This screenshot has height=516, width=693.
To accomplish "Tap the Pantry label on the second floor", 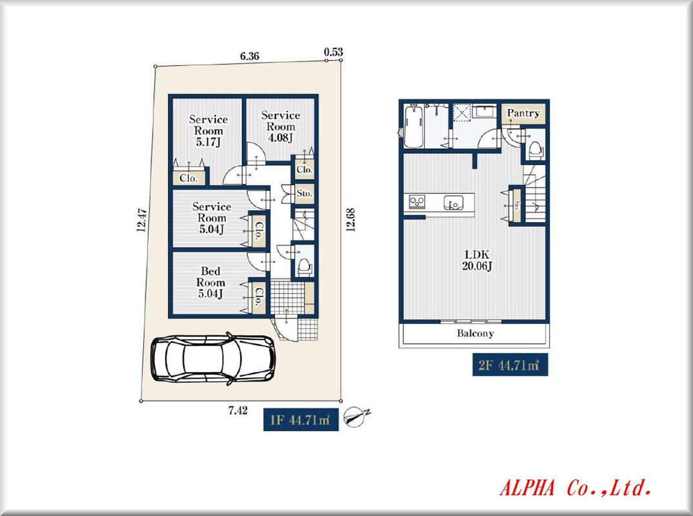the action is pos(523,113).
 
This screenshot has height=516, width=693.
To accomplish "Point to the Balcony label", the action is pos(475,333).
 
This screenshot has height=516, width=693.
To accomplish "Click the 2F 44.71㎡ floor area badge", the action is pos(510,365).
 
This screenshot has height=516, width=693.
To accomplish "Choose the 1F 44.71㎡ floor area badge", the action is pos(301,419).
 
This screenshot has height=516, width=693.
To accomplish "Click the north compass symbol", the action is pos(356,417).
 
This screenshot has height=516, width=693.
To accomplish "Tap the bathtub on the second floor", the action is pos(414,126).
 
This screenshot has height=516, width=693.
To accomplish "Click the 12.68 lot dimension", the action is pos(350,219).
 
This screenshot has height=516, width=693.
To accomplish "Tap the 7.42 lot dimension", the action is pos(238,410).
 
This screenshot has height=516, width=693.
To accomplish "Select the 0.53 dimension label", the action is pos(333,52).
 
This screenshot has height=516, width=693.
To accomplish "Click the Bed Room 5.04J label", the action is pos(210,283).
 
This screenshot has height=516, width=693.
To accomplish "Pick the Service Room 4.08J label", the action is pos(280,126).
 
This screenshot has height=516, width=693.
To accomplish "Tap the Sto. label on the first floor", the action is pos(305,193).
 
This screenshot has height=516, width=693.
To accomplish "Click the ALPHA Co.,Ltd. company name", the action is pos(575,488).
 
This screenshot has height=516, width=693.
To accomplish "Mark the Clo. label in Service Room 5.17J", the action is pos(188,178).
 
